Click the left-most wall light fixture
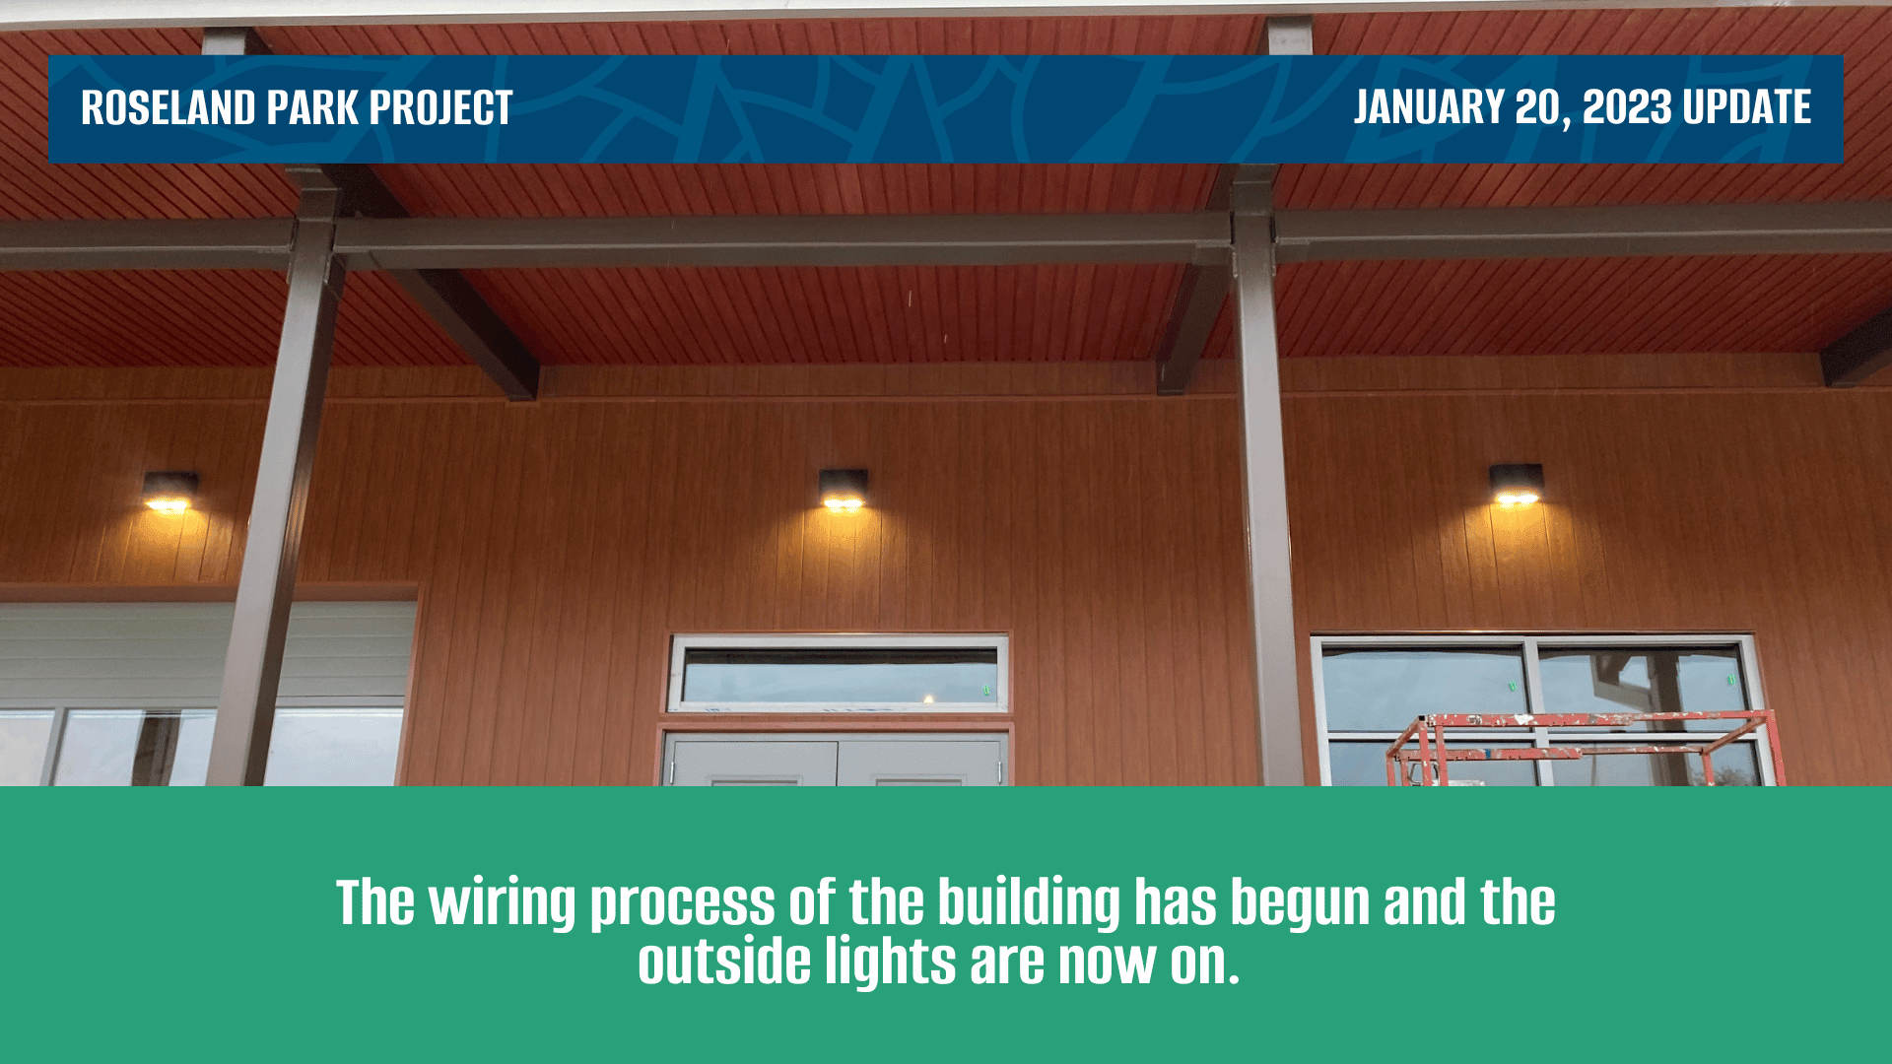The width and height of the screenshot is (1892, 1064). pyautogui.click(x=169, y=492)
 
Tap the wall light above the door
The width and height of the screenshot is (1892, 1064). pyautogui.click(x=843, y=490)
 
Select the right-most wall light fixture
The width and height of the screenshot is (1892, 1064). pyautogui.click(x=1516, y=485)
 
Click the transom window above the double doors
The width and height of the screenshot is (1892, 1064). pyautogui.click(x=839, y=675)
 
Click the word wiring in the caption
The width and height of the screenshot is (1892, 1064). pyautogui.click(x=503, y=903)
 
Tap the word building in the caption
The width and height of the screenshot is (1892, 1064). pyautogui.click(x=1028, y=903)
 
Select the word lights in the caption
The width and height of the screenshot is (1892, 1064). pyautogui.click(x=890, y=964)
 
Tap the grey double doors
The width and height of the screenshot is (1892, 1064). pyautogui.click(x=837, y=762)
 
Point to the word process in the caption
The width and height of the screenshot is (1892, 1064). pyautogui.click(x=682, y=904)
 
